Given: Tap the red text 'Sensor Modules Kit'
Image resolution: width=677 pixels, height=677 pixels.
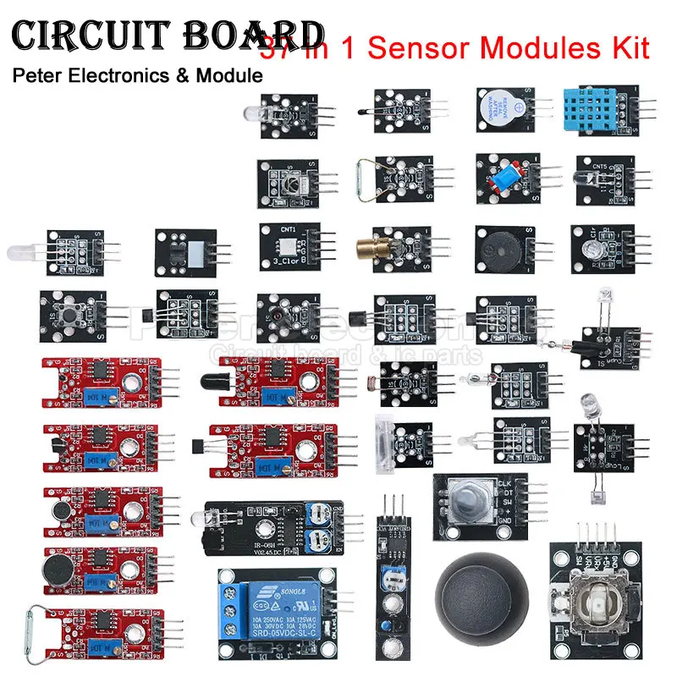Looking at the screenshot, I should coord(499,47).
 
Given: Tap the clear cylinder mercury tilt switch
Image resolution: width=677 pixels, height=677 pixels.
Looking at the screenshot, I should coord(386,437).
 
